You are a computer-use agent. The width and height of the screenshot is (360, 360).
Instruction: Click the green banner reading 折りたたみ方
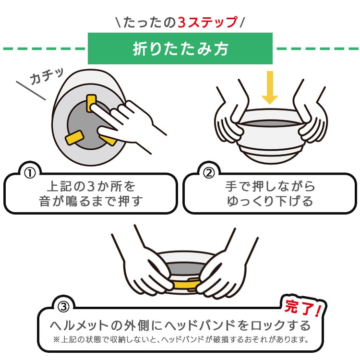coord(180,48)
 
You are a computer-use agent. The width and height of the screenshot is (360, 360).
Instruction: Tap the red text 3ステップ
coord(207,22)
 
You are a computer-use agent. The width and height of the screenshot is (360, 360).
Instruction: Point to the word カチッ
coord(47,76)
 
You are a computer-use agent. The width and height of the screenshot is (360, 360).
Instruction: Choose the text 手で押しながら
coord(270,185)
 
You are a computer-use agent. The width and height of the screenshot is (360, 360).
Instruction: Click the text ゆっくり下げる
coord(270,201)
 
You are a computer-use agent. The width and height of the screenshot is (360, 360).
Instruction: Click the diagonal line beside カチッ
coord(31,91)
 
